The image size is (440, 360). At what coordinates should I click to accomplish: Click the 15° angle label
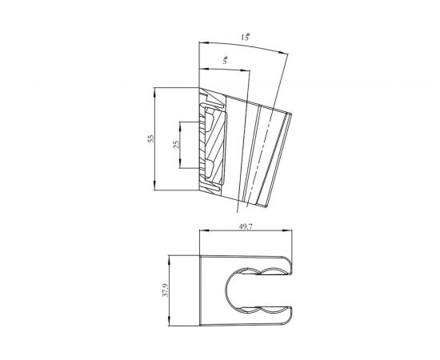[x=246, y=37]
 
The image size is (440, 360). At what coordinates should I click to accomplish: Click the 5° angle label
[x=225, y=60]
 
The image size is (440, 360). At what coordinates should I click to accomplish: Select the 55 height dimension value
[x=151, y=138]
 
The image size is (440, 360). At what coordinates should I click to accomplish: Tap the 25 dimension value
[x=176, y=145]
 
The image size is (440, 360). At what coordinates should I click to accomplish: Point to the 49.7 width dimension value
[x=246, y=226]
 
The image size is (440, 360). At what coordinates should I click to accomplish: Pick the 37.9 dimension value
[x=166, y=290]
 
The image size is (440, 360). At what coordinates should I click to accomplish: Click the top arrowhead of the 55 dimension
[x=154, y=91]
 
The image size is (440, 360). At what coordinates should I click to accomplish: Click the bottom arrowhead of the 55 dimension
[x=154, y=186]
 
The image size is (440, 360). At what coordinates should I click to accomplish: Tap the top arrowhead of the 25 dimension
[x=180, y=126]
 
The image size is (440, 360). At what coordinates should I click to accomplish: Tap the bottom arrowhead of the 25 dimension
[x=180, y=165]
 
